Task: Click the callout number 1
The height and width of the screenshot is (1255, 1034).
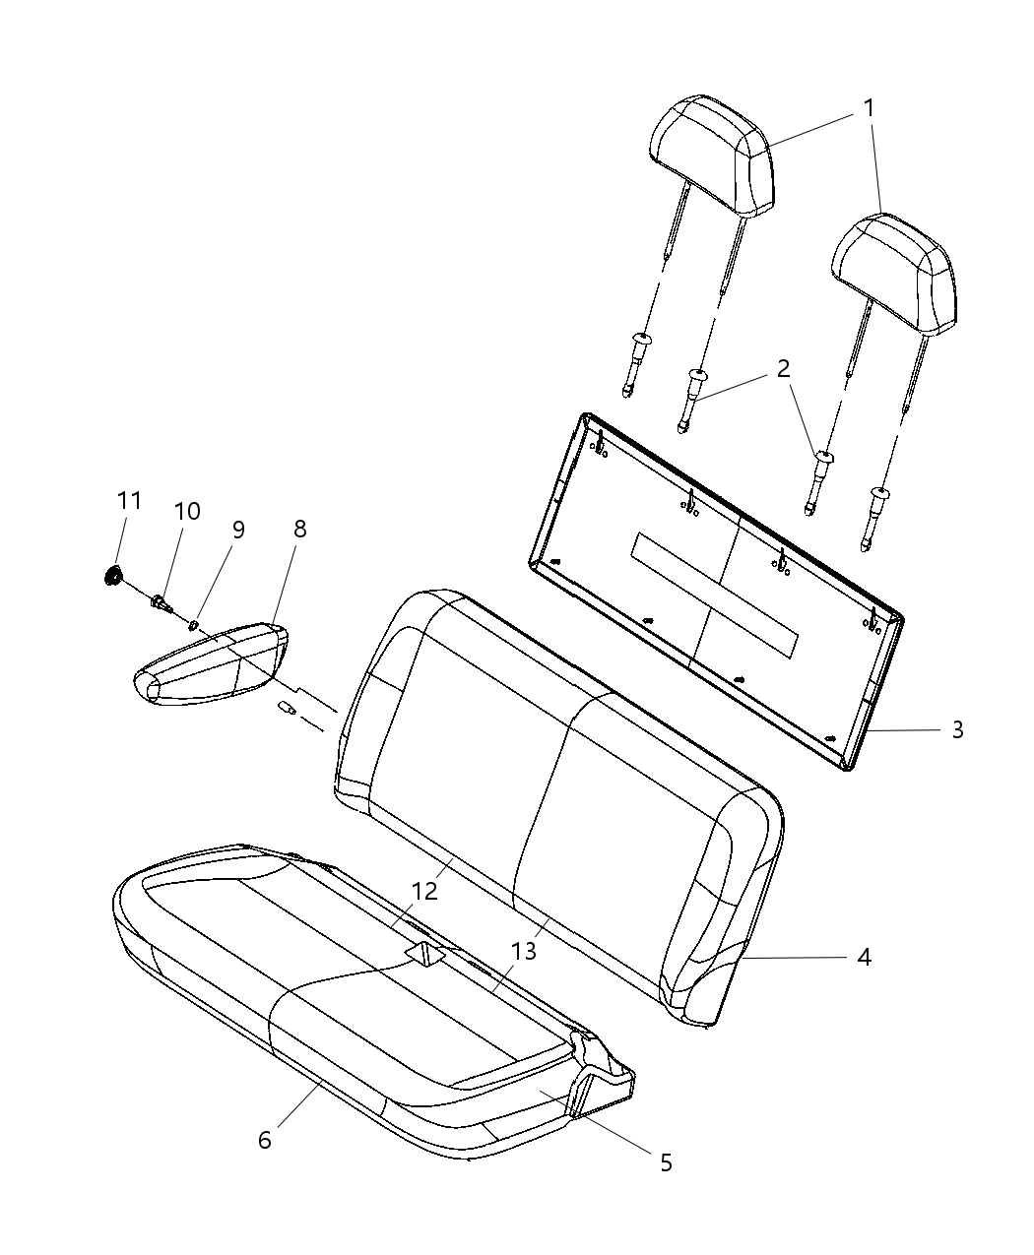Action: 868,108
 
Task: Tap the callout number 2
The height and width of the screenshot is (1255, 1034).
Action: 783,368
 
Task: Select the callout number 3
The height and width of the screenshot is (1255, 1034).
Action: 957,729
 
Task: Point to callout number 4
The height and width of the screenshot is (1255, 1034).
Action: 864,958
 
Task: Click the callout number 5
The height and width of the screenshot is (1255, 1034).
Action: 666,1162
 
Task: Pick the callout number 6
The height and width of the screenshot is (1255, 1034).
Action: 265,1140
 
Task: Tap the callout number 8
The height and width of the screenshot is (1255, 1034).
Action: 299,529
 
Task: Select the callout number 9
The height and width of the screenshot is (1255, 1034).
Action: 238,531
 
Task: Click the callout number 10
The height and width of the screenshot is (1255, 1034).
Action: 187,512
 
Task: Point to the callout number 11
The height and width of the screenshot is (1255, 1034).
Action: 129,500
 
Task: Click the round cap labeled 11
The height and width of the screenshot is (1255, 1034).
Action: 111,577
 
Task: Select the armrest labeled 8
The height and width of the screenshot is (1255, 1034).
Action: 210,663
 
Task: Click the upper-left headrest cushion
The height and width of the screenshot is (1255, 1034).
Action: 712,156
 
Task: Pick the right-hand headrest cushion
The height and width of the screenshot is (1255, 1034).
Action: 894,274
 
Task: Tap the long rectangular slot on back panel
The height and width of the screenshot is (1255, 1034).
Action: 714,595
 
